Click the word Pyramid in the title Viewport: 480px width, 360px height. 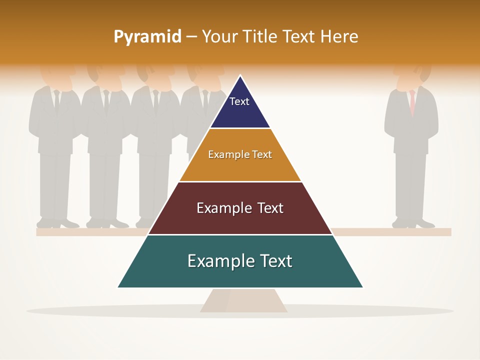(147, 37)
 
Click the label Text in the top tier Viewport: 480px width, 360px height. (239, 101)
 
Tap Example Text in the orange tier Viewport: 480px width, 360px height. (240, 154)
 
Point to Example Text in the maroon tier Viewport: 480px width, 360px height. (240, 208)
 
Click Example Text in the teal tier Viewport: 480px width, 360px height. (240, 261)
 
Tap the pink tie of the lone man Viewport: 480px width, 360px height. (412, 102)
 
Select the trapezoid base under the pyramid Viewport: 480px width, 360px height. (243, 300)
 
